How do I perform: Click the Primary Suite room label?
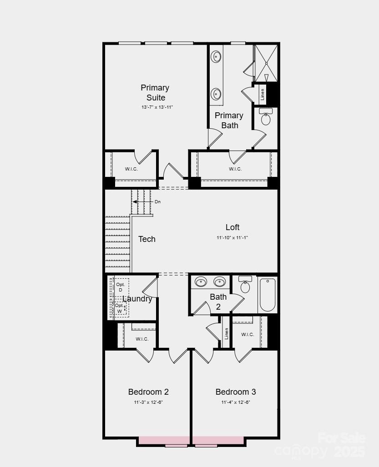pos(155,92)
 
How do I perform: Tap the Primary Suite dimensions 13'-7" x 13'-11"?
pos(157,107)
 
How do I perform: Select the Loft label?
pos(232,227)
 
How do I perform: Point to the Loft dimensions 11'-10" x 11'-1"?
pos(232,238)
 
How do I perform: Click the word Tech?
pos(147,239)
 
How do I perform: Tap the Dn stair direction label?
pos(157,202)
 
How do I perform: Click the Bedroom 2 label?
pos(148,392)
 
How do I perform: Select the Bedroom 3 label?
pos(236,392)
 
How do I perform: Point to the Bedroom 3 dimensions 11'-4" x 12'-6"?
pos(236,402)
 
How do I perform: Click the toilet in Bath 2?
pos(245,285)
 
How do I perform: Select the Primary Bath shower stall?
pos(265,63)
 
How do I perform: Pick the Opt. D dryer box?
pos(121,287)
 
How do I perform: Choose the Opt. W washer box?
pos(120,308)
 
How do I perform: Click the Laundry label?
pos(137,299)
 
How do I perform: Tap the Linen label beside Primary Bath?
pos(263,95)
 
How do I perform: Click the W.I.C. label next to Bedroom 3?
pos(248,335)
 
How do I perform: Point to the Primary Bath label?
pos(229,121)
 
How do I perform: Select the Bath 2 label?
pos(218,302)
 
